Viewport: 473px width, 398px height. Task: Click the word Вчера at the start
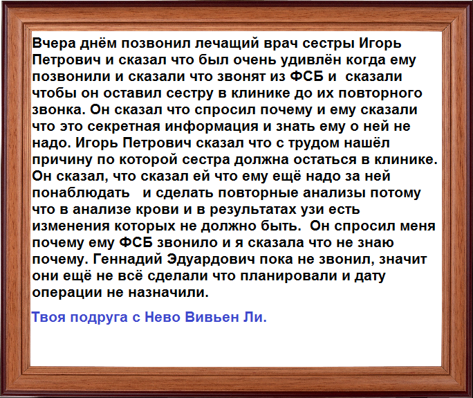pos(54,43)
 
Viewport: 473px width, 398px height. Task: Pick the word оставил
pos(133,93)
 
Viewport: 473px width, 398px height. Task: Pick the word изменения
pos(71,226)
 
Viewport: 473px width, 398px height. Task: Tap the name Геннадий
pos(128,259)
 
